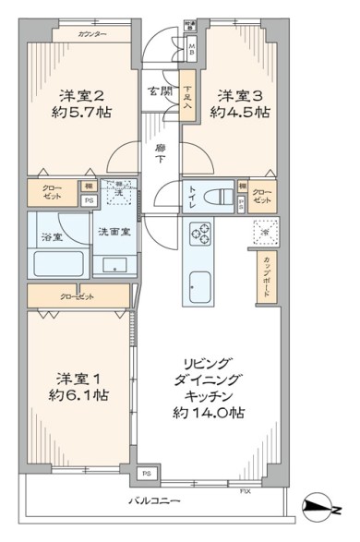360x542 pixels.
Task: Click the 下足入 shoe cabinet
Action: coord(188,96)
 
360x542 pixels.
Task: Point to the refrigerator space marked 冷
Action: coord(264,232)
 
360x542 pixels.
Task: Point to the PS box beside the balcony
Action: coord(146,475)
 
